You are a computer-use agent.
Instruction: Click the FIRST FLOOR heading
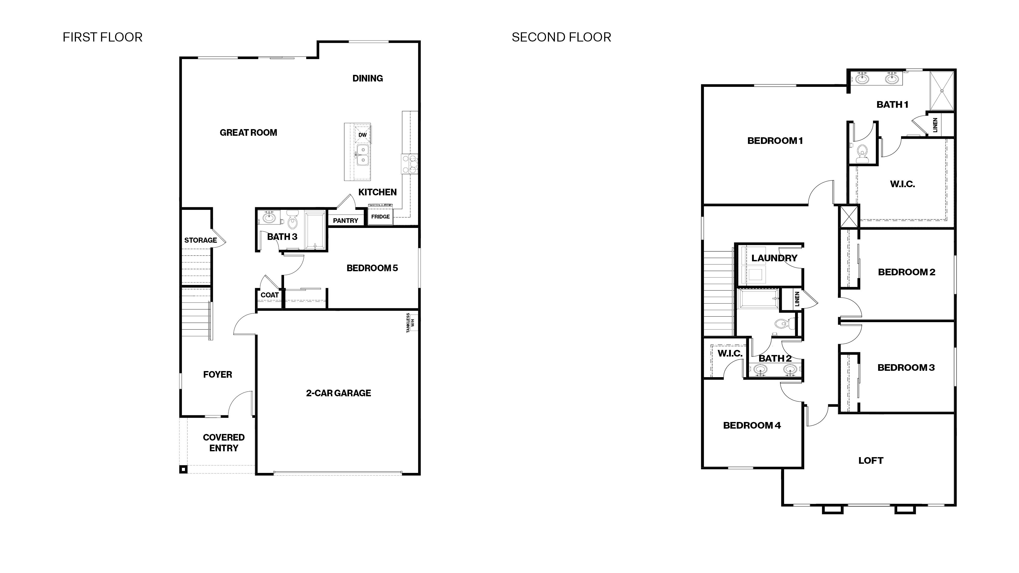(x=102, y=37)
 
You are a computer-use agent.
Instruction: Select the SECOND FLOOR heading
(x=561, y=37)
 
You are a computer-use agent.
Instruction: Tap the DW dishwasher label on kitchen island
(x=362, y=135)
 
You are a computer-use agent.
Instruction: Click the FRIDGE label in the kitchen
(x=380, y=217)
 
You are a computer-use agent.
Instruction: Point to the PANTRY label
(x=345, y=221)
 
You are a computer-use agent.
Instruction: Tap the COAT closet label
(x=269, y=295)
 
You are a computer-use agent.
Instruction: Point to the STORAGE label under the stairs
(x=200, y=240)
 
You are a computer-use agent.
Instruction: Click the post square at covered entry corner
(x=183, y=469)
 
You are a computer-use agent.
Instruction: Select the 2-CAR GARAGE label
(x=338, y=393)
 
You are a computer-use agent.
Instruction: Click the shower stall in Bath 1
(x=942, y=91)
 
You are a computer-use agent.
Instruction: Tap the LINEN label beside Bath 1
(x=935, y=125)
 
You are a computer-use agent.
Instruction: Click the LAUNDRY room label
(x=774, y=258)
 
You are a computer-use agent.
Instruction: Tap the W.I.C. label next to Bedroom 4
(x=730, y=353)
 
